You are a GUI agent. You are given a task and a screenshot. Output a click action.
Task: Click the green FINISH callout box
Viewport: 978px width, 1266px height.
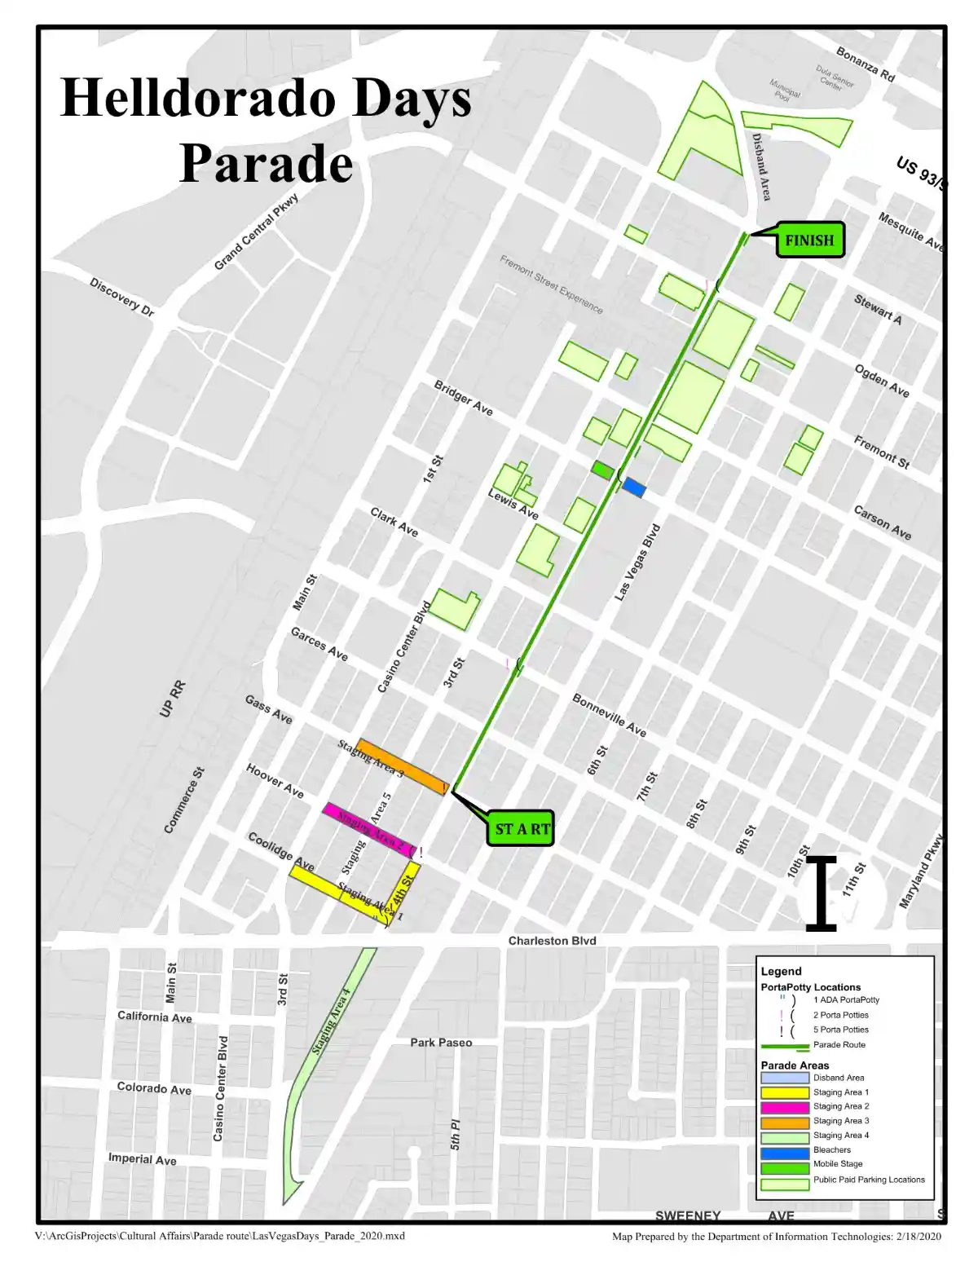click(808, 240)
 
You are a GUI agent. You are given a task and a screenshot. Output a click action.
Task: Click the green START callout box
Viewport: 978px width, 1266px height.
click(522, 829)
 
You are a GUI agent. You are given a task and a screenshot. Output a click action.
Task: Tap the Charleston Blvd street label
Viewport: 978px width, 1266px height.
click(552, 941)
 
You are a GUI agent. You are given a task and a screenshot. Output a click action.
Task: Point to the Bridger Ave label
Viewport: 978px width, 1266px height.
click(463, 398)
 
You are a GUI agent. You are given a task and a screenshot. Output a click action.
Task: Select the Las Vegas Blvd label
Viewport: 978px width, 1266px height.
click(637, 562)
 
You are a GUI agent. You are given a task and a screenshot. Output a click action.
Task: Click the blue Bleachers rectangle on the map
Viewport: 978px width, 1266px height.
click(634, 488)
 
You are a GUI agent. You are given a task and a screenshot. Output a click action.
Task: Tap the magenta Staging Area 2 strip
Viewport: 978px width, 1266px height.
click(369, 829)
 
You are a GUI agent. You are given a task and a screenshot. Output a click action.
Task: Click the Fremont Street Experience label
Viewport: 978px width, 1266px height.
click(551, 285)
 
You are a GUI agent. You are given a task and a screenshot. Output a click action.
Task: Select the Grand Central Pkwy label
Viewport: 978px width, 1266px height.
click(256, 232)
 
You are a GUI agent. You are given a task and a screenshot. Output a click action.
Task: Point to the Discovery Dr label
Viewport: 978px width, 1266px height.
click(121, 298)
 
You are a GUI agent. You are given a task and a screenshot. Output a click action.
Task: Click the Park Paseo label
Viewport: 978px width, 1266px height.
click(441, 1042)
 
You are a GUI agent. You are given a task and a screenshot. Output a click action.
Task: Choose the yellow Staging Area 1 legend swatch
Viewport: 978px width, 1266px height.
click(784, 1092)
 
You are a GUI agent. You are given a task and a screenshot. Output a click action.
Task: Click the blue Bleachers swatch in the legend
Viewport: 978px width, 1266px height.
click(784, 1150)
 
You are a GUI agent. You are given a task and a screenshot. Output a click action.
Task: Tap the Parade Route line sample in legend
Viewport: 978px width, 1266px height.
click(784, 1046)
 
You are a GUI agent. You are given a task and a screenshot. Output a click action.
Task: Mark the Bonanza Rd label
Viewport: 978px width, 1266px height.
click(865, 65)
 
